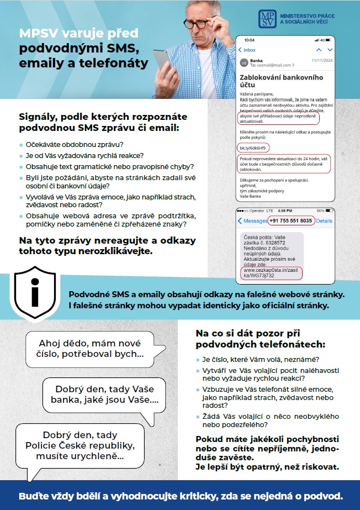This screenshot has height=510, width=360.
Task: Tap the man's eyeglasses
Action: [206, 22]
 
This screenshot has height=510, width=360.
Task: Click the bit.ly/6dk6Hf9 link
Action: [253, 148]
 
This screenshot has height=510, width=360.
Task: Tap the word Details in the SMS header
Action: [324, 221]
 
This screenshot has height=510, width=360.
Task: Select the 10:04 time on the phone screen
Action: [249, 40]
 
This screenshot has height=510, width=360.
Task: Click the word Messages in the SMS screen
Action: [255, 221]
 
